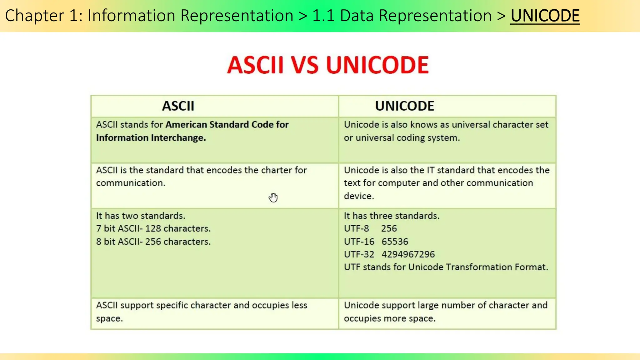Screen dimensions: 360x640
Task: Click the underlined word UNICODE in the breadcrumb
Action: [545, 16]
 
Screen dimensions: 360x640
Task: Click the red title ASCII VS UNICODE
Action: [328, 65]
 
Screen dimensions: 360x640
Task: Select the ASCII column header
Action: [178, 106]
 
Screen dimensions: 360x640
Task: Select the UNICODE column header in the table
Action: [404, 106]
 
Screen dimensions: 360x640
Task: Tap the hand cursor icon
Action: [273, 197]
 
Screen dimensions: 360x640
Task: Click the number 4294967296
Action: [408, 254]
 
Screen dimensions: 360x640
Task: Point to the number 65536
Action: [395, 242]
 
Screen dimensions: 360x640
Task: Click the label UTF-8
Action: [356, 228]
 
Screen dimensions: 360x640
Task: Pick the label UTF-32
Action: [359, 254]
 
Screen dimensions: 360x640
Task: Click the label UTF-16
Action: [359, 242]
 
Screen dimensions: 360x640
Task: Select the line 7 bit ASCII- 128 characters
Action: [153, 228]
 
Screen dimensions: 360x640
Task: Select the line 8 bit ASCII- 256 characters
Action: [153, 242]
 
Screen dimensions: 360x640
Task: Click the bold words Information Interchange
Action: [151, 138]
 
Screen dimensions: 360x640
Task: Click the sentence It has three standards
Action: [392, 216]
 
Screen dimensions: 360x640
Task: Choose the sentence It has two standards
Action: [141, 216]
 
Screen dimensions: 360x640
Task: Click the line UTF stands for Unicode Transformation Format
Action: [446, 267]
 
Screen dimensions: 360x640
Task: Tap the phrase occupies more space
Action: [389, 318]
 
